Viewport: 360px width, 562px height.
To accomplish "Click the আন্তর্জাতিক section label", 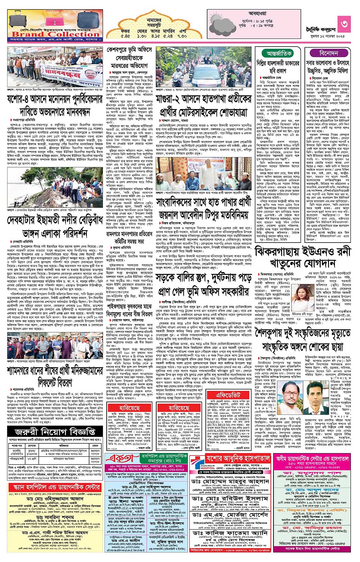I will pyautogui.click(x=279, y=53).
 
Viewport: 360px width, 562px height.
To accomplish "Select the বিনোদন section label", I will pyautogui.click(x=328, y=53).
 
